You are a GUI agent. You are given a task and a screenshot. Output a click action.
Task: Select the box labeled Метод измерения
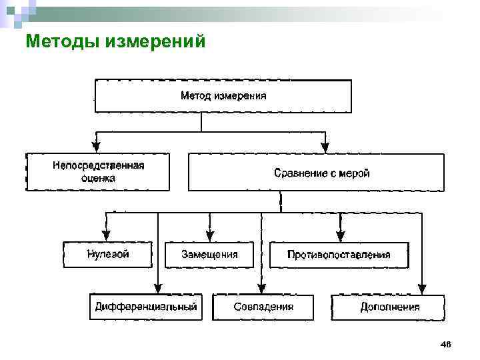(223, 96)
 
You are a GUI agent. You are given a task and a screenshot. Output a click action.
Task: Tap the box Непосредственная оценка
(97, 172)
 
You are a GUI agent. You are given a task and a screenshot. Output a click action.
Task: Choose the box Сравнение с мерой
(316, 173)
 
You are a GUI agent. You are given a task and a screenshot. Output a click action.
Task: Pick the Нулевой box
(107, 255)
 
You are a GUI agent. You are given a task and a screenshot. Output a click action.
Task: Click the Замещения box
(209, 255)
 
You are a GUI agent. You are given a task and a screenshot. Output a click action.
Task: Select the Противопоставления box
(339, 255)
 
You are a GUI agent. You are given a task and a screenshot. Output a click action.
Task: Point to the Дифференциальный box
(145, 307)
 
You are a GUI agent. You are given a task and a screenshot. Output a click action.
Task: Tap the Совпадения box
(263, 307)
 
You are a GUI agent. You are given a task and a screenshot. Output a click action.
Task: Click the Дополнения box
(389, 307)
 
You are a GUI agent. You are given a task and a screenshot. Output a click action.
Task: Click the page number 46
(446, 344)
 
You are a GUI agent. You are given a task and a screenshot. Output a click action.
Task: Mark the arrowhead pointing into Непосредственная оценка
(97, 147)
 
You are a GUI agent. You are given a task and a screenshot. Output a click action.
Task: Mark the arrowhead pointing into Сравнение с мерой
(325, 147)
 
